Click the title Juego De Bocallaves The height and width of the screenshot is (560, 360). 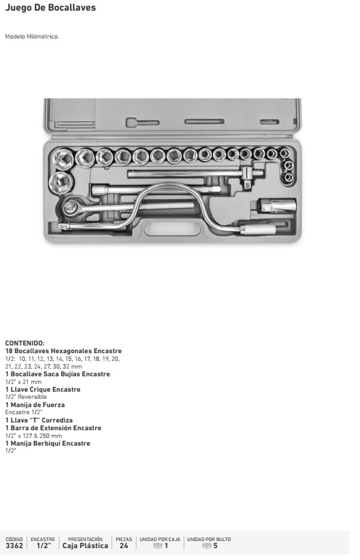(x=50, y=8)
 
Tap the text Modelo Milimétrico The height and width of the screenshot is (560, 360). (x=32, y=36)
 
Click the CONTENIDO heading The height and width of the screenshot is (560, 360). (x=25, y=343)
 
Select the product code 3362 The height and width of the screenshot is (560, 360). (x=14, y=546)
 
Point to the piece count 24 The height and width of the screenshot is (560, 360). (x=124, y=546)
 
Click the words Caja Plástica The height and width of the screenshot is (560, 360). (x=85, y=546)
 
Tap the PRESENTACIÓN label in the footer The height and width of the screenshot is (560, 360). (x=85, y=539)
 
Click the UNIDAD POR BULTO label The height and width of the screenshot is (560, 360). (x=209, y=539)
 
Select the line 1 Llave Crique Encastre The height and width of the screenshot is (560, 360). (x=43, y=389)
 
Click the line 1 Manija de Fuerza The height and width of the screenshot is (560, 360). (x=35, y=405)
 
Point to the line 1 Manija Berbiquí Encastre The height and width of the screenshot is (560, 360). (x=48, y=443)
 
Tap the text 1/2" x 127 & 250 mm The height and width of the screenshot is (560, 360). (x=34, y=436)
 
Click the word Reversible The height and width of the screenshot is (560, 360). (x=33, y=397)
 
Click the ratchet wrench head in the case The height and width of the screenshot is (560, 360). (x=71, y=206)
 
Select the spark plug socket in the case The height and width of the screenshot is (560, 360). (x=278, y=206)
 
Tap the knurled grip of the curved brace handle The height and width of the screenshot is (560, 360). (x=257, y=229)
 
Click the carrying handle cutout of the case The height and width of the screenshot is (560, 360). (x=172, y=228)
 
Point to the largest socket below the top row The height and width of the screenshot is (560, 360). (x=61, y=183)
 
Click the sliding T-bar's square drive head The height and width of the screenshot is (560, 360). (x=247, y=178)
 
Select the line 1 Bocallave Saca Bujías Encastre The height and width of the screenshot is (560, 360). (x=58, y=374)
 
